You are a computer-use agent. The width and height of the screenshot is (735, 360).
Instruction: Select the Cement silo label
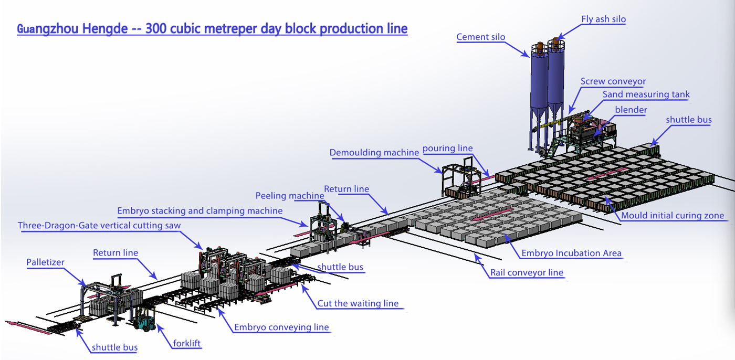pos(480,37)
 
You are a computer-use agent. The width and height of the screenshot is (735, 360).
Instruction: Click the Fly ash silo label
pos(603,19)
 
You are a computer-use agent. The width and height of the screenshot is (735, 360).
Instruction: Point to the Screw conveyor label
pos(613,81)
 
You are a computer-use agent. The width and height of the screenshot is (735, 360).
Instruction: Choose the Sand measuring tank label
pos(646,94)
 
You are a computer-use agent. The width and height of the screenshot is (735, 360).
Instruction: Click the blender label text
pos(631,110)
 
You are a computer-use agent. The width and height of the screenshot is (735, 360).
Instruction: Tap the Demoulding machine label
pos(374,153)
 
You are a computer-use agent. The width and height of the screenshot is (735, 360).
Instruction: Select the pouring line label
pos(447,148)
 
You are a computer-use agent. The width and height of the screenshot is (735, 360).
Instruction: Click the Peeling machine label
pos(289,196)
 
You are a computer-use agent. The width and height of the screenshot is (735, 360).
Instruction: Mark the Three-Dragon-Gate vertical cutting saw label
pos(99,226)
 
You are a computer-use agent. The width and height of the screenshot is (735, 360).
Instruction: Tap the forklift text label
pos(187,344)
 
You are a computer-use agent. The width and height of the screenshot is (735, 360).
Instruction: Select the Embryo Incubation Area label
pos(571,253)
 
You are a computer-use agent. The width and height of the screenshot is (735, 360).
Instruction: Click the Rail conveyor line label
pos(527,272)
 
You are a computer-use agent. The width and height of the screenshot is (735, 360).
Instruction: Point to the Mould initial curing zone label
pos(673,216)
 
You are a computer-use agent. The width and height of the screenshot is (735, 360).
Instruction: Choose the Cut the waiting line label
pos(358,303)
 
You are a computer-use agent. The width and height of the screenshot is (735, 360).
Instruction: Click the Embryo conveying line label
pos(281,327)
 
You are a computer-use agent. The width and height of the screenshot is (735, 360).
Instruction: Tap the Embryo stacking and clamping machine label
pos(199,211)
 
